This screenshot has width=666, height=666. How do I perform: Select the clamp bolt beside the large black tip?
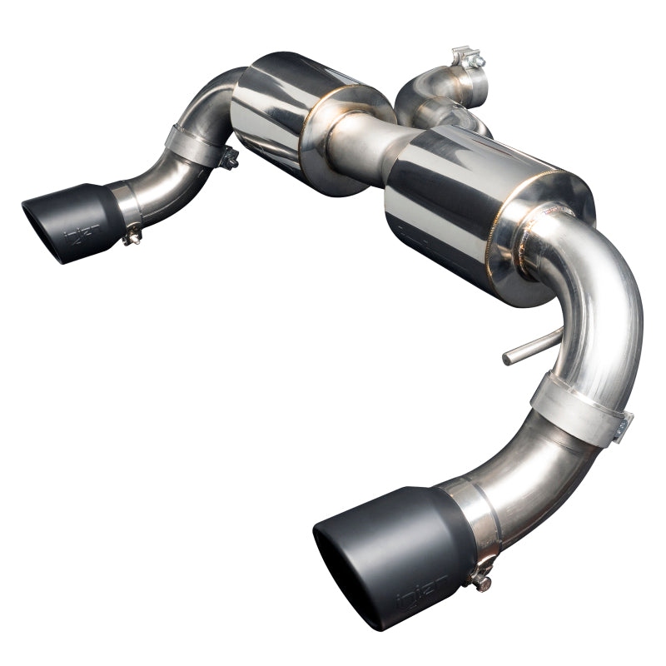(x=480, y=574)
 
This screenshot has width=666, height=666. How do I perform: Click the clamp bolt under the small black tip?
(x=131, y=238)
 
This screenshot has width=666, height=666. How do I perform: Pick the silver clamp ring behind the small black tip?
(x=126, y=204)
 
